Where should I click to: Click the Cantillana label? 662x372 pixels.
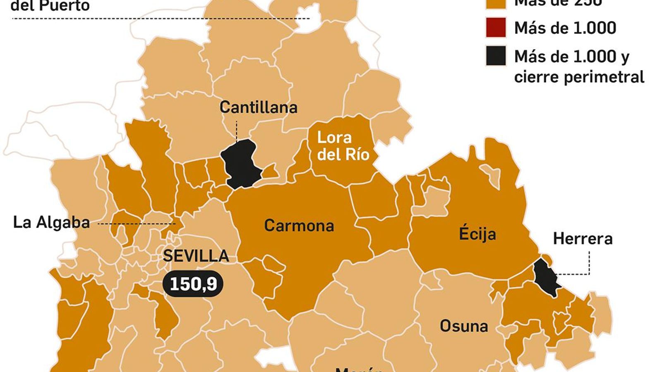click(x=258, y=107)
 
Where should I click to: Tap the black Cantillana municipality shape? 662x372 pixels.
click(x=240, y=164)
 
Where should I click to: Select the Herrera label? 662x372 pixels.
click(x=583, y=239)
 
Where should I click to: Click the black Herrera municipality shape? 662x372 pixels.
click(x=545, y=276)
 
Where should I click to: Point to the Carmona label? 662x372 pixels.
click(x=299, y=226)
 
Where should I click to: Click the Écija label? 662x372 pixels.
click(x=477, y=234)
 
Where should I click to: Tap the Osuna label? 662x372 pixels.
click(x=464, y=326)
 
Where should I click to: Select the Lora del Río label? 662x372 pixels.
click(x=343, y=146)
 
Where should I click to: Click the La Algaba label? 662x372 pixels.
click(x=51, y=222)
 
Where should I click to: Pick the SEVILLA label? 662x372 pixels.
click(x=196, y=256)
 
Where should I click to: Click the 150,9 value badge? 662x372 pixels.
click(x=193, y=284)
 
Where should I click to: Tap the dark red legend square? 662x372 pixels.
click(x=496, y=28)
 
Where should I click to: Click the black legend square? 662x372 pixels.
click(x=496, y=56)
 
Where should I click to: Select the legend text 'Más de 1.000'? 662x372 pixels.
click(x=565, y=28)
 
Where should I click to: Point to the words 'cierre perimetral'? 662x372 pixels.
click(x=579, y=77)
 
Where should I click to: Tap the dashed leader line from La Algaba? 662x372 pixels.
click(x=137, y=224)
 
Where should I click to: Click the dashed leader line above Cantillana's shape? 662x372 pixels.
click(x=236, y=130)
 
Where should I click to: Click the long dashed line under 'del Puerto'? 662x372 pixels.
click(x=161, y=19)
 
